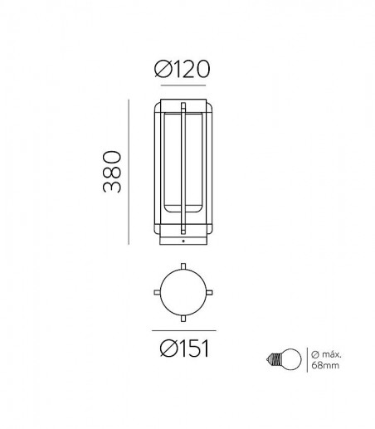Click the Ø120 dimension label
182,69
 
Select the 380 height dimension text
112,172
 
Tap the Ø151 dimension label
184,349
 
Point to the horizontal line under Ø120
183,85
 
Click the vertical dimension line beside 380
129,172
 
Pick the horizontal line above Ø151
184,330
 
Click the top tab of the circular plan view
183,266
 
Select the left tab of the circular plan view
157,292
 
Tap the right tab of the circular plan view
209,292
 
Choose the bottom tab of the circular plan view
183,319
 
